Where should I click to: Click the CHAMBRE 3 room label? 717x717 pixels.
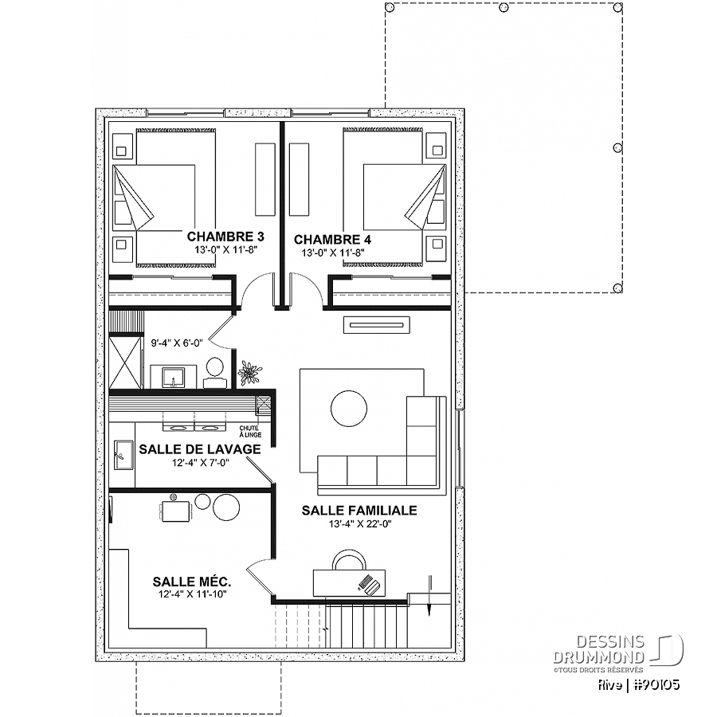click(x=225, y=237)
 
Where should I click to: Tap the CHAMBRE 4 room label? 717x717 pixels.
click(x=332, y=240)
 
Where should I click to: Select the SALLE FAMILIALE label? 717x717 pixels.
click(x=359, y=511)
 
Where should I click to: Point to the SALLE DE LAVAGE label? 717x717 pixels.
click(x=200, y=449)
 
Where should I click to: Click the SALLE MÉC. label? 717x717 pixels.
click(x=192, y=582)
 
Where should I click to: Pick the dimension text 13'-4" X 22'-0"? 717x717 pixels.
click(x=360, y=524)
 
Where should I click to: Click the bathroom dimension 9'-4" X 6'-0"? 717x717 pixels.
click(x=177, y=343)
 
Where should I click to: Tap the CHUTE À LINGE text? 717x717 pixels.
click(x=250, y=431)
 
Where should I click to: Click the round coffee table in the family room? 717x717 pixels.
click(x=348, y=409)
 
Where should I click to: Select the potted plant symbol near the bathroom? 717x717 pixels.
click(x=249, y=373)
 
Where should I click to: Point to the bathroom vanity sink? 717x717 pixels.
click(x=174, y=377)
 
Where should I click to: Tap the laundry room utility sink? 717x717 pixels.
click(x=123, y=455)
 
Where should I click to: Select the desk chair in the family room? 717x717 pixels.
click(x=348, y=560)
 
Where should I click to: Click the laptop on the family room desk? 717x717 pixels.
click(x=370, y=586)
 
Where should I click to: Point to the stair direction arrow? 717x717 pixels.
click(x=430, y=596)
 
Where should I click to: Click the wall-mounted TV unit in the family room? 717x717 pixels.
click(x=377, y=325)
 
